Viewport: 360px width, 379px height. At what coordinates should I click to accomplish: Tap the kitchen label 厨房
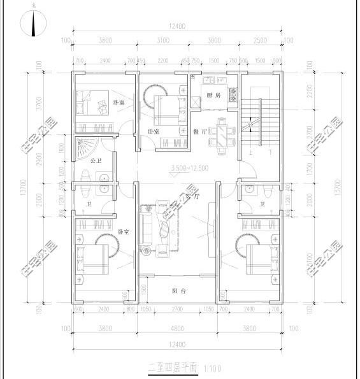pos(213,96)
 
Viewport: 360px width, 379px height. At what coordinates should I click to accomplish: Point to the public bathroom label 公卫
pos(96,161)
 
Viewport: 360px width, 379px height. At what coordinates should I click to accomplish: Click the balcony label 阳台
pos(179,291)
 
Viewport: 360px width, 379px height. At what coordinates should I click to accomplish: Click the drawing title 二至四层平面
pos(173,368)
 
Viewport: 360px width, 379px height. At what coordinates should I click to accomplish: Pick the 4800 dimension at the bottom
pos(178,329)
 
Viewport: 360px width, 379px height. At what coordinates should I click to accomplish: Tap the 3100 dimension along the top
pos(164,40)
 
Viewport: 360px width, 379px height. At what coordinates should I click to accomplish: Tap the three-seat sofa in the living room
pos(146,229)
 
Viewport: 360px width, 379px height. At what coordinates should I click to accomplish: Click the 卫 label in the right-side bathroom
pos(262,204)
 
